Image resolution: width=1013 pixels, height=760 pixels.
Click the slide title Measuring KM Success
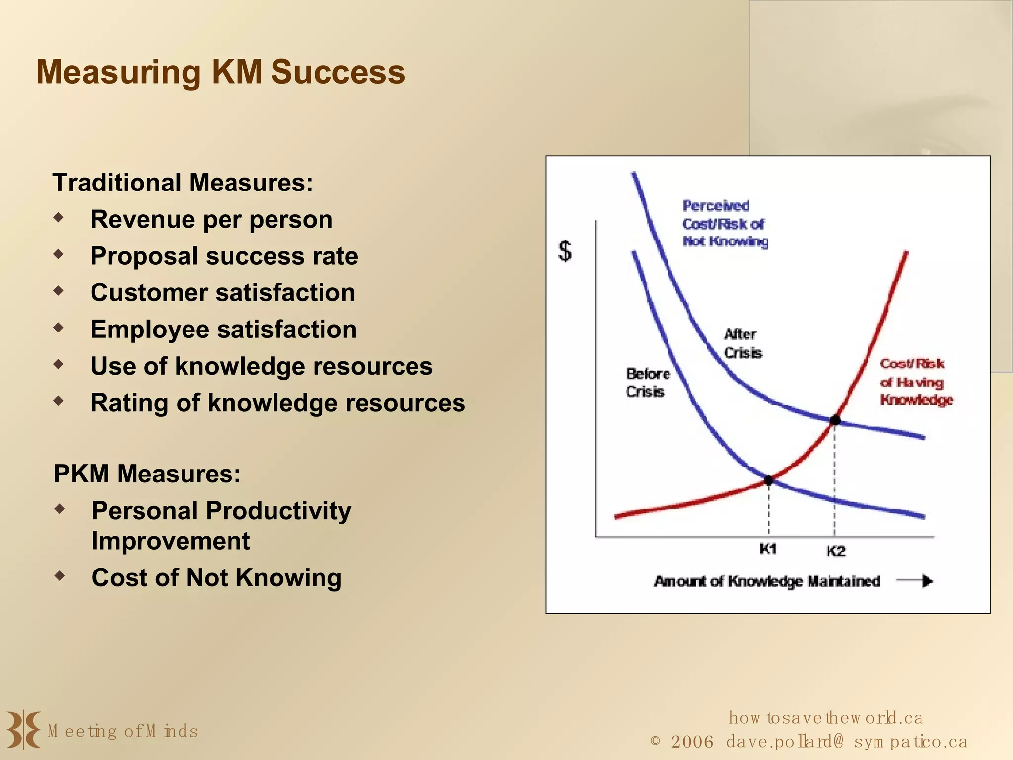coord(221,72)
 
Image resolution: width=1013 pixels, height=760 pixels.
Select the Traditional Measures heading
coord(183,183)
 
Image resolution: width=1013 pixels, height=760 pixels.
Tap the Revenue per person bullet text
coord(212,219)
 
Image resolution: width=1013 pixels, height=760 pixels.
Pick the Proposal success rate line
coord(224,256)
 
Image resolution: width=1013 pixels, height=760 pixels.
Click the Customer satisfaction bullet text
coord(223,293)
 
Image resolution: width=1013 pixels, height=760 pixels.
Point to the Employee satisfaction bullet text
coord(224,330)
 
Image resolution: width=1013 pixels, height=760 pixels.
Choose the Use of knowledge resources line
coord(262,366)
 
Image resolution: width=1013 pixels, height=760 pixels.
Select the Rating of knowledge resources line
coord(278,403)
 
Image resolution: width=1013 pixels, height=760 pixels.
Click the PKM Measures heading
coord(147,474)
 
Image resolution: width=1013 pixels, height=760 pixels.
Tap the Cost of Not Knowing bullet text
coord(217,577)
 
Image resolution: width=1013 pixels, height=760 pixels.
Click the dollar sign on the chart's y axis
coord(565,251)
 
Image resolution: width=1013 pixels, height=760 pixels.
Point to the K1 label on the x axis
coord(768,549)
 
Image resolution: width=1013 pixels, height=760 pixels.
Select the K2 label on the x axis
coord(836,551)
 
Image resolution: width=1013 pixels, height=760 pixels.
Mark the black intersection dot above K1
coord(769,480)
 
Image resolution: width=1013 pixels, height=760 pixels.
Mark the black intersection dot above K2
coord(835,420)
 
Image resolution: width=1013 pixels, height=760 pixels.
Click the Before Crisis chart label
coord(647,382)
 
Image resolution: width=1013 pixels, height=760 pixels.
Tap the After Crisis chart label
coord(742,343)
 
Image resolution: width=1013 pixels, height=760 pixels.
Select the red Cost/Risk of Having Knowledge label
coord(916,382)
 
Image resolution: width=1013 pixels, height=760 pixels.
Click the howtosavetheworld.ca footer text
coord(826,717)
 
